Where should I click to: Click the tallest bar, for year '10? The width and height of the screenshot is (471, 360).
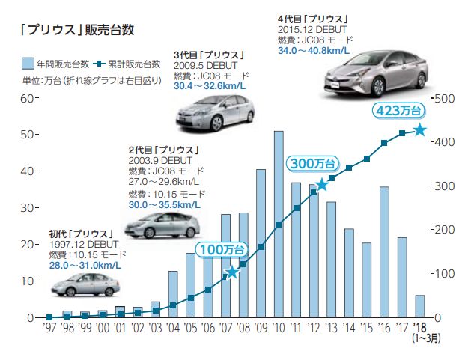point(279,225)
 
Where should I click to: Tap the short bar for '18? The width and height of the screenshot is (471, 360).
point(420,306)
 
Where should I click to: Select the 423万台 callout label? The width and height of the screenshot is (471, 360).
point(395,111)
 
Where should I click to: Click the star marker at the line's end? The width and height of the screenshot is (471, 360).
point(420,130)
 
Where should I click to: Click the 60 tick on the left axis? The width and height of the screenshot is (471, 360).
point(28,98)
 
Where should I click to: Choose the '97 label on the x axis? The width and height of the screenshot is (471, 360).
point(49,328)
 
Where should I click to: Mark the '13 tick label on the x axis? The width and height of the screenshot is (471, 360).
point(332,328)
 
